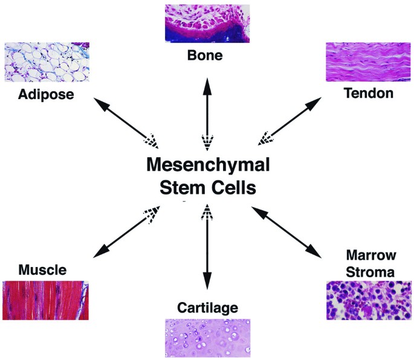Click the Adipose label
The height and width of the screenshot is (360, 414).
(46, 94)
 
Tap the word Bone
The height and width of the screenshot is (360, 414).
(205, 56)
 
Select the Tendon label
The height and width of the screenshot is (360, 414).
(369, 93)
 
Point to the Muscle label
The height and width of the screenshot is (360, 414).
(42, 270)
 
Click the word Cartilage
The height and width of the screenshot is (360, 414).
(207, 307)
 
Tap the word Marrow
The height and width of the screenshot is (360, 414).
(371, 255)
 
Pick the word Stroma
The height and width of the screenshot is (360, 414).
(370, 272)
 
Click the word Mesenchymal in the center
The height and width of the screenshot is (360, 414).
(208, 165)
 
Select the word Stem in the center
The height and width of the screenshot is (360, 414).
(183, 188)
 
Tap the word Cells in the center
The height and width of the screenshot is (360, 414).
(234, 188)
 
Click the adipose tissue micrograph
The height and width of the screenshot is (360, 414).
(47, 62)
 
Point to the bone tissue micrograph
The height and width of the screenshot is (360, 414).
(207, 24)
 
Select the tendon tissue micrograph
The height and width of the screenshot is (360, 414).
(368, 62)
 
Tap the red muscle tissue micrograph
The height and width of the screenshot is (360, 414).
(45, 300)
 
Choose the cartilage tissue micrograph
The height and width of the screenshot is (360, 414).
(207, 338)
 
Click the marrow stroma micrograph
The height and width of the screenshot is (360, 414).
(369, 300)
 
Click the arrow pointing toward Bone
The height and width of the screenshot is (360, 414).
(207, 114)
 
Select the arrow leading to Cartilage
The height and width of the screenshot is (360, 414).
(207, 247)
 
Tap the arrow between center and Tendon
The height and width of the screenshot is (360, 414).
(289, 121)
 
